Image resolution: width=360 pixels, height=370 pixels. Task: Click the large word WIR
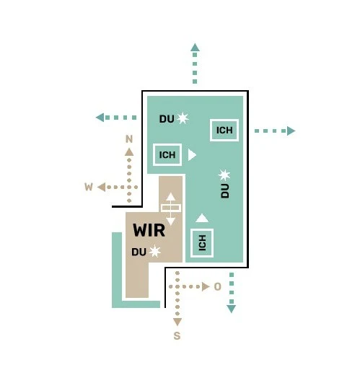click(149, 230)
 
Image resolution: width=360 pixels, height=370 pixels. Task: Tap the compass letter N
click(129, 139)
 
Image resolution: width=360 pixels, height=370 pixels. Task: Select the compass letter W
click(89, 187)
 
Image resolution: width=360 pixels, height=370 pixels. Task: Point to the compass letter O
click(217, 286)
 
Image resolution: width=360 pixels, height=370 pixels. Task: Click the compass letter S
click(177, 335)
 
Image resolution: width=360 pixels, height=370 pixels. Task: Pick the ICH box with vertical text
click(202, 243)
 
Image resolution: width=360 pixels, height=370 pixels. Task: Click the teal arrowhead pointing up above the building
click(195, 47)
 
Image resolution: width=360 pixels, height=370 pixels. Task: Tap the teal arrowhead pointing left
click(100, 118)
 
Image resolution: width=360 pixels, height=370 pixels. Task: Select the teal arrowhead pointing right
click(291, 131)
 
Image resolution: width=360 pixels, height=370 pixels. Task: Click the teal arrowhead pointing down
click(232, 309)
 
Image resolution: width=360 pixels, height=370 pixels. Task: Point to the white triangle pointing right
click(192, 155)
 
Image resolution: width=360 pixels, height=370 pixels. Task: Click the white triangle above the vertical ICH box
click(202, 218)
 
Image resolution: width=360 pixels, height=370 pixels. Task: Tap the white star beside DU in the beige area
click(154, 252)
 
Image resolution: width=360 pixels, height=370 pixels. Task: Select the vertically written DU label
click(225, 191)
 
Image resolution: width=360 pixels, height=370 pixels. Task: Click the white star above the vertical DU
click(224, 175)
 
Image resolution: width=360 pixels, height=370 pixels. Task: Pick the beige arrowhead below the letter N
click(129, 152)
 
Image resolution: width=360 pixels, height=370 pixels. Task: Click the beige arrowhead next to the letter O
click(206, 286)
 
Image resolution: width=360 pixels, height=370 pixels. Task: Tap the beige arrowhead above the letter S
click(177, 322)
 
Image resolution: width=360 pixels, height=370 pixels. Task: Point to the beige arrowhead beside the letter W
click(102, 187)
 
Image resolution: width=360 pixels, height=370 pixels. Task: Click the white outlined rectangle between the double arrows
click(171, 208)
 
